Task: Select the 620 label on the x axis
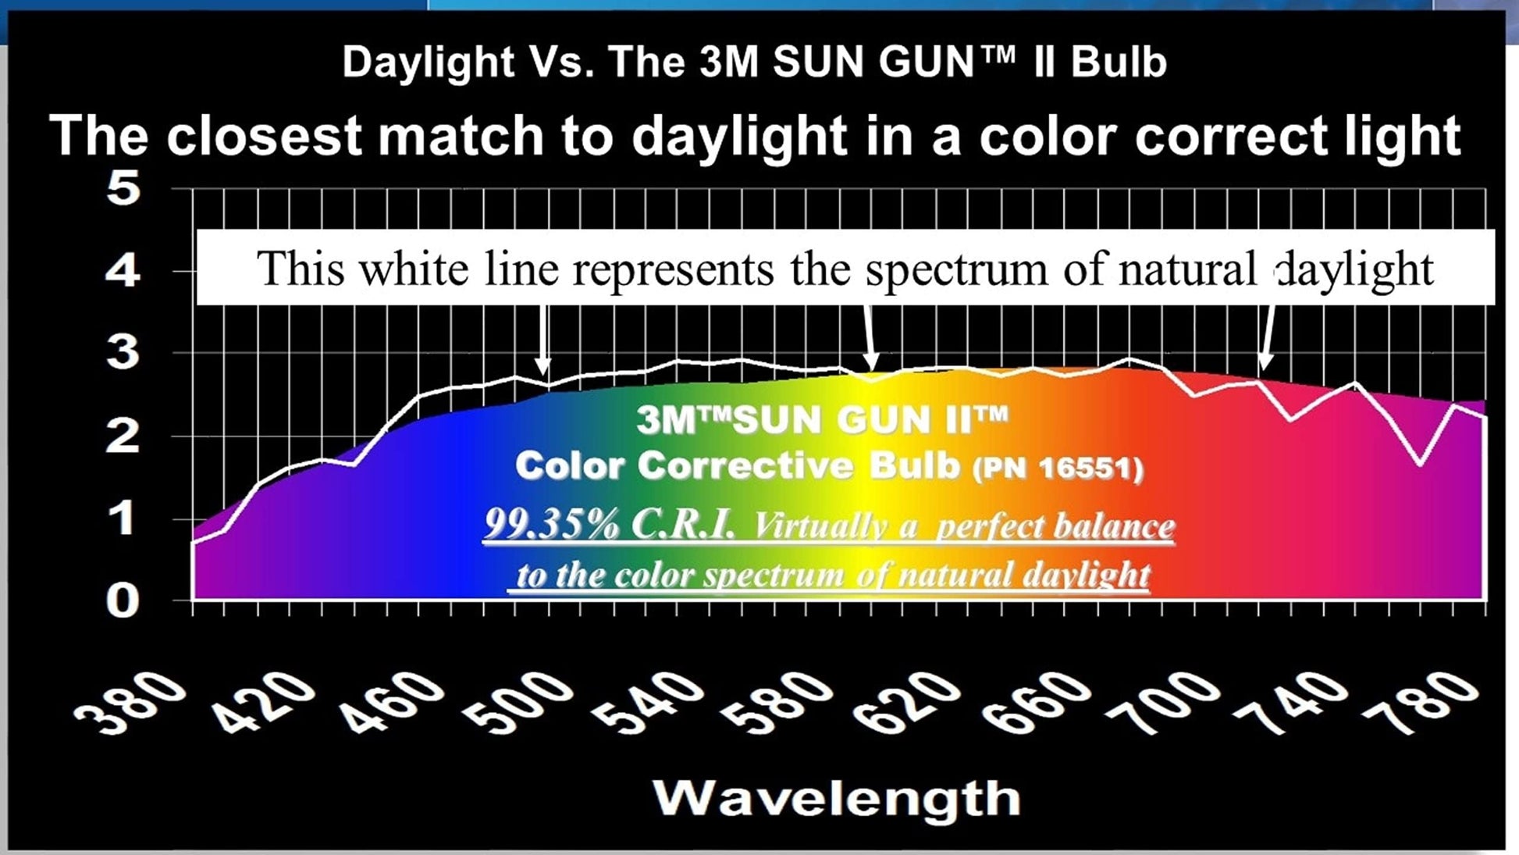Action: point(905,704)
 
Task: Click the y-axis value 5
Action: point(123,189)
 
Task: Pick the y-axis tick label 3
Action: point(123,353)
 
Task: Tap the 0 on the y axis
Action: point(123,601)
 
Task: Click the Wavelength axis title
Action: point(836,798)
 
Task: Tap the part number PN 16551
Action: point(1058,468)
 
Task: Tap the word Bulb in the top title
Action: point(1119,62)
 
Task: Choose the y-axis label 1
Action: point(123,518)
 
